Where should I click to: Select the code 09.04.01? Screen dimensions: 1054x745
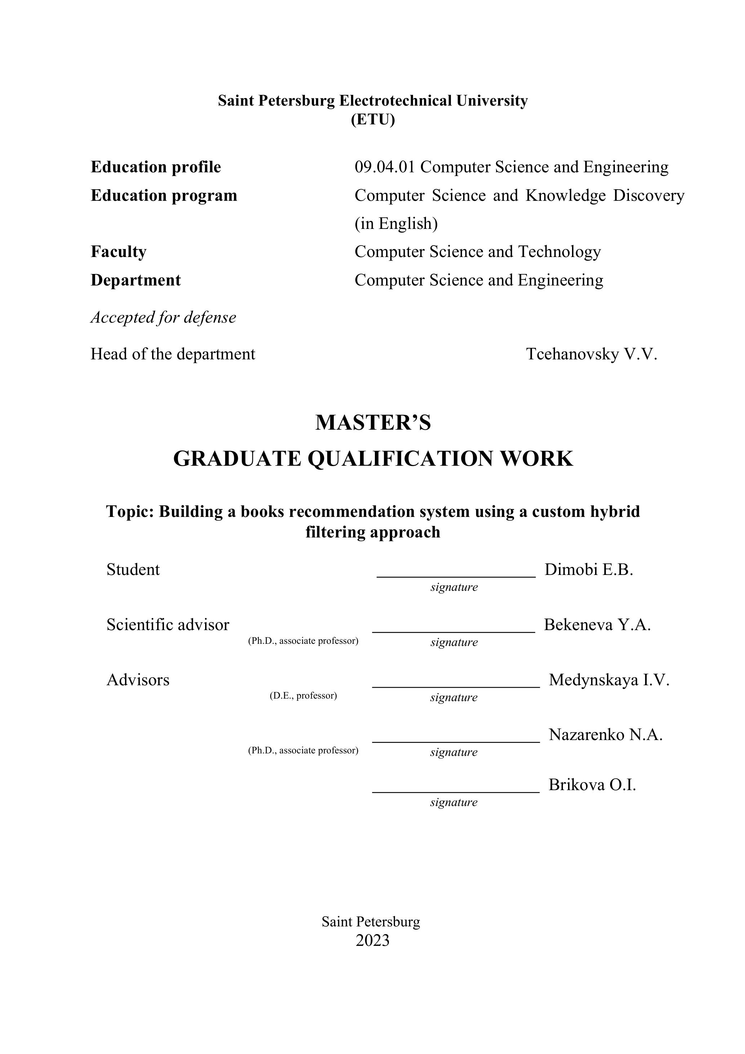[384, 167]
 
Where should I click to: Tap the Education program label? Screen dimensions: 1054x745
[164, 196]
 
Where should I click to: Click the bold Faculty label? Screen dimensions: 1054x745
[119, 252]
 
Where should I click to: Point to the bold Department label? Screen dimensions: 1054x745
[136, 280]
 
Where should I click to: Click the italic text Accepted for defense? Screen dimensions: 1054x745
[163, 317]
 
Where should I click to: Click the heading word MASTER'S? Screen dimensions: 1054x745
[373, 422]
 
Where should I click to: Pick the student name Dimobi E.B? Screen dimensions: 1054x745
[589, 570]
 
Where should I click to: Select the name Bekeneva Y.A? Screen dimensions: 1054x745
[597, 625]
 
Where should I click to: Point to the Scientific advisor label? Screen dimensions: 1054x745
[168, 625]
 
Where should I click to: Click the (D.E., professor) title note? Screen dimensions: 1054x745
[303, 695]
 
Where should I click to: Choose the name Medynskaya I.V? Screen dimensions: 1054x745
[609, 680]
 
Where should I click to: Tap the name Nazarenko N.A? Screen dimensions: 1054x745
[606, 735]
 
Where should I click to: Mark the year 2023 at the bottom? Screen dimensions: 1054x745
[372, 940]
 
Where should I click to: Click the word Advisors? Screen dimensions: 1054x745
[138, 680]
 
